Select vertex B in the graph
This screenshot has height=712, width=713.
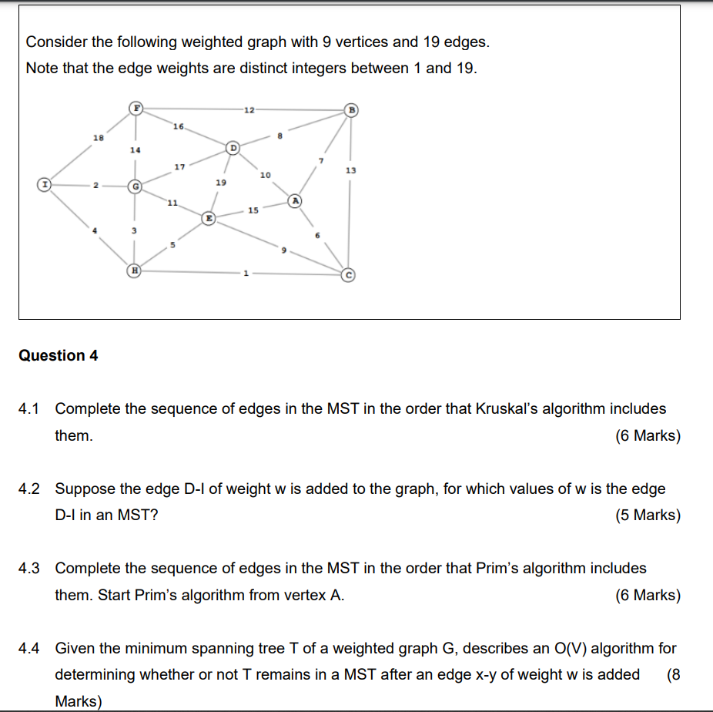point(351,109)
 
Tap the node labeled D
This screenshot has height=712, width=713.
point(233,146)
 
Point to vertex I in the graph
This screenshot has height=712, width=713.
point(46,185)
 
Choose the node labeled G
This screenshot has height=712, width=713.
point(135,186)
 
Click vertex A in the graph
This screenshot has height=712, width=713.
point(294,200)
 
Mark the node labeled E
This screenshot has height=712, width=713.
point(209,219)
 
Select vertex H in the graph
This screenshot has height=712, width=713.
point(135,271)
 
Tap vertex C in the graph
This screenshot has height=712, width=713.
point(348,274)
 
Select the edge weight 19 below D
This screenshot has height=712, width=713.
point(221,183)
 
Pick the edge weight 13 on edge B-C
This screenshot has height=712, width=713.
point(351,170)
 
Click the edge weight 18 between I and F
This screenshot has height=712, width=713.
point(98,137)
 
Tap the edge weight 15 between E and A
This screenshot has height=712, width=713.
point(253,210)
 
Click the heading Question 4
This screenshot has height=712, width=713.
point(59,355)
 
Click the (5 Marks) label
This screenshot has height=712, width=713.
point(648,516)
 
